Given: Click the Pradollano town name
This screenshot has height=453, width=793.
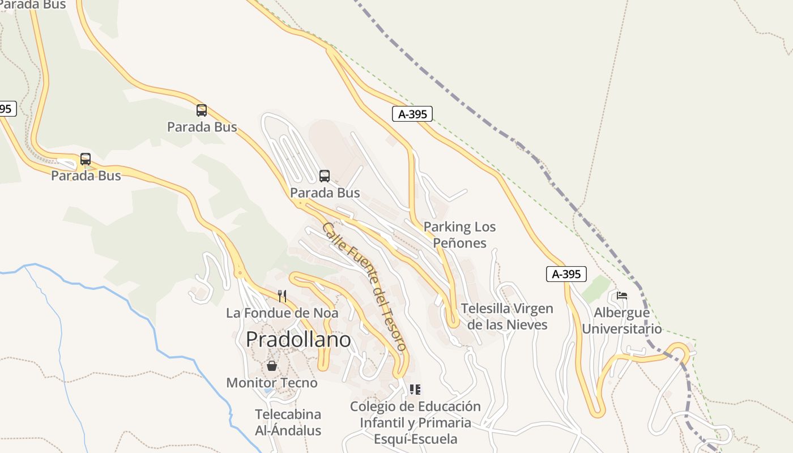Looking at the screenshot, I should pyautogui.click(x=298, y=340).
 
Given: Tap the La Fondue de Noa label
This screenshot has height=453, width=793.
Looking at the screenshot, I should pyautogui.click(x=282, y=313).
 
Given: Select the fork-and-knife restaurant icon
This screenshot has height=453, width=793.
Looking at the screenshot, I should pyautogui.click(x=282, y=296).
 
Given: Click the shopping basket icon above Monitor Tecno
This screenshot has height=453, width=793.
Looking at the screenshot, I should pyautogui.click(x=272, y=366).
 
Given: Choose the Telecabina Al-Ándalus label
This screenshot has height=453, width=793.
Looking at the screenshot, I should pyautogui.click(x=288, y=422).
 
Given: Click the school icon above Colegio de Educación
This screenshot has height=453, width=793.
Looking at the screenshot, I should pyautogui.click(x=415, y=390).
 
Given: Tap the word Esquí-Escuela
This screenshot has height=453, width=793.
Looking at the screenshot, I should pyautogui.click(x=415, y=439).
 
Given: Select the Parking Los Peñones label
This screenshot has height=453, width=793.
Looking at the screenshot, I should pyautogui.click(x=459, y=235).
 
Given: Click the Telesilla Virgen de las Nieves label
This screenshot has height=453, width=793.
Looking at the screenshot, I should pyautogui.click(x=507, y=317).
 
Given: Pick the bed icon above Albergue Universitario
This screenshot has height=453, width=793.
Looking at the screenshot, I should pyautogui.click(x=622, y=296).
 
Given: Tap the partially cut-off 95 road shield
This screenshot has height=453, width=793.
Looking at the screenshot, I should pyautogui.click(x=7, y=109).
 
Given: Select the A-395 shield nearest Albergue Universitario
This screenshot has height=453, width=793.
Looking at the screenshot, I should pyautogui.click(x=566, y=274).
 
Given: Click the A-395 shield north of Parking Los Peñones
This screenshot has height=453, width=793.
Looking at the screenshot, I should pyautogui.click(x=412, y=114).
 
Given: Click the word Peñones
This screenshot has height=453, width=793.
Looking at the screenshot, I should pyautogui.click(x=459, y=243).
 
